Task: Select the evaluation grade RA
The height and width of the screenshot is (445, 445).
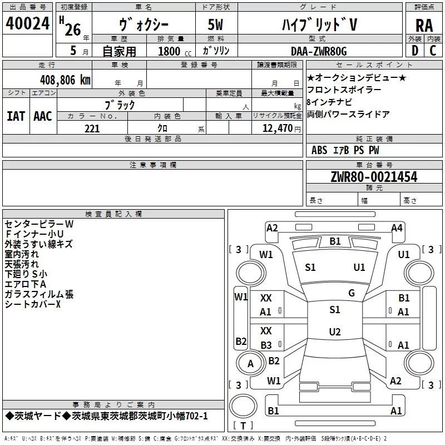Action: point(424,26)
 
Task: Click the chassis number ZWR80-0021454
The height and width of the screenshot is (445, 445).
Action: point(374,177)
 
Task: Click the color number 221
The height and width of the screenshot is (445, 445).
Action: point(92,128)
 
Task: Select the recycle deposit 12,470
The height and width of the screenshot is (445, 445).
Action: point(274,128)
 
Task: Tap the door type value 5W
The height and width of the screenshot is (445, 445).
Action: point(216,26)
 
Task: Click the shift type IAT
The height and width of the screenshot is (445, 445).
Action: point(16,116)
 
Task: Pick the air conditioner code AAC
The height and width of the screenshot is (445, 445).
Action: point(43,116)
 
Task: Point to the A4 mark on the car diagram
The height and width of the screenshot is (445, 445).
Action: point(397,228)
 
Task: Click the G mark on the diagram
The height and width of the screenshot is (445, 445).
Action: point(351,293)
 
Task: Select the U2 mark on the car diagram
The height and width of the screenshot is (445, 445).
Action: point(334,332)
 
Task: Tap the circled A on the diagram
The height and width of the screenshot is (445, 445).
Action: point(250,364)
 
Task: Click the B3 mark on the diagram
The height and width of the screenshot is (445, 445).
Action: point(266,345)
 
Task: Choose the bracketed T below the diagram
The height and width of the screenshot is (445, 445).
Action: point(243,426)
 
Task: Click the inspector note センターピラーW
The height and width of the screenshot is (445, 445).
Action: point(38,224)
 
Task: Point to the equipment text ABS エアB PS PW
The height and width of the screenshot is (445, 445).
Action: point(345,150)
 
